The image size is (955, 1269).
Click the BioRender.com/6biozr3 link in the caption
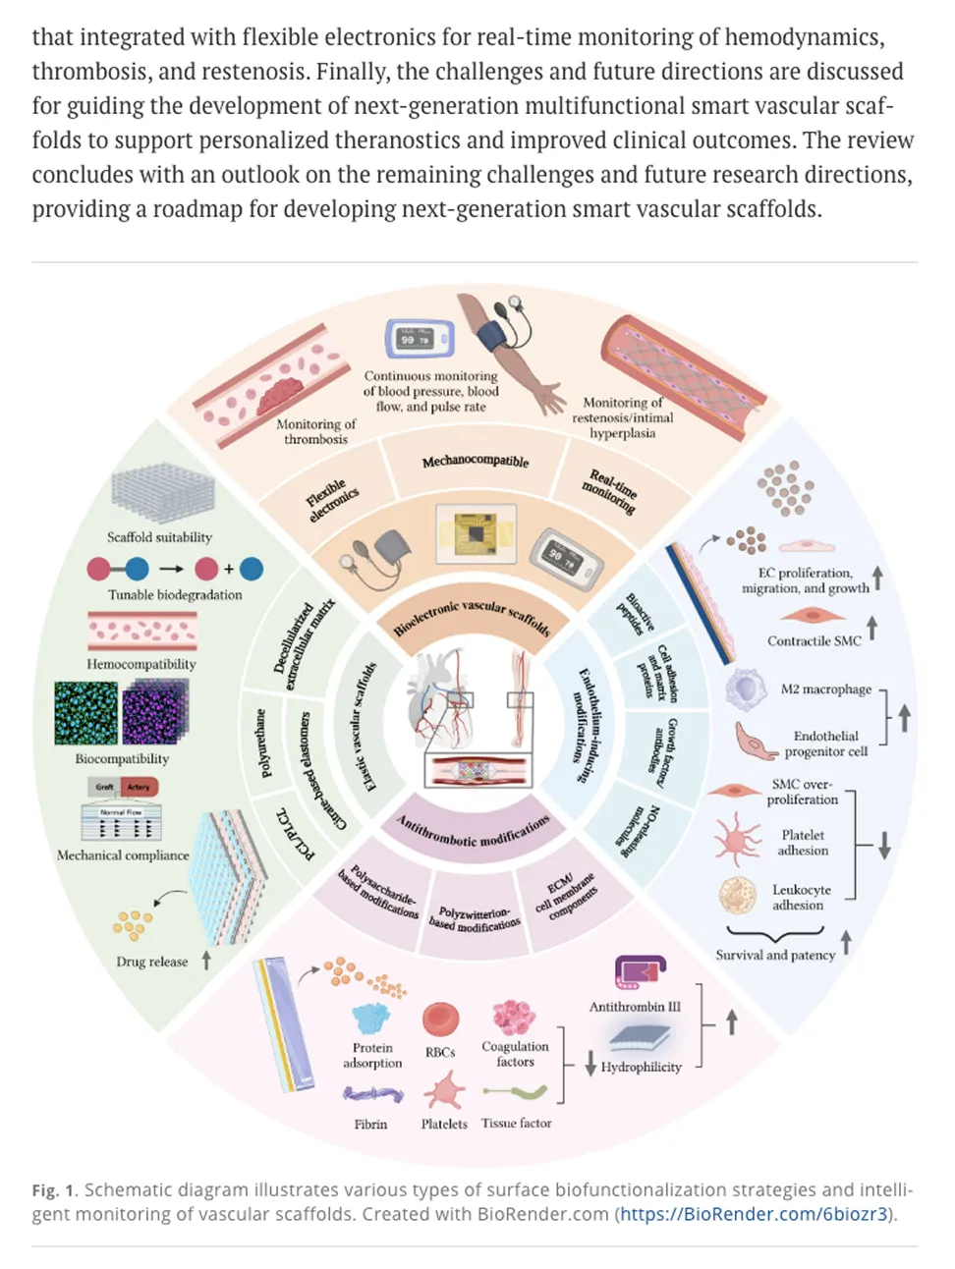pyautogui.click(x=754, y=1214)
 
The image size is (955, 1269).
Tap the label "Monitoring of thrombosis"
pyautogui.click(x=315, y=431)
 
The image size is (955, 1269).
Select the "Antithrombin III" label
pyautogui.click(x=634, y=1007)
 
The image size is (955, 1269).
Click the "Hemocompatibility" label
pyautogui.click(x=140, y=664)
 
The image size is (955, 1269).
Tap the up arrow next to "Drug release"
pyautogui.click(x=206, y=960)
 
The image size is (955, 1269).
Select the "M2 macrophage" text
pyautogui.click(x=825, y=689)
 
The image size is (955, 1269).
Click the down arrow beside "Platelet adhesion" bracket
pyautogui.click(x=884, y=844)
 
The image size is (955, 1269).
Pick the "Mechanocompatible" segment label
pyautogui.click(x=476, y=461)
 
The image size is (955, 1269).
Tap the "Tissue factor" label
pyautogui.click(x=516, y=1123)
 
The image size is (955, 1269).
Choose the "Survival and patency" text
pyautogui.click(x=775, y=955)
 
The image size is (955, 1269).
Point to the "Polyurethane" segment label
pyautogui.click(x=263, y=743)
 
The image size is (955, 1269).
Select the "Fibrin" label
pyautogui.click(x=370, y=1124)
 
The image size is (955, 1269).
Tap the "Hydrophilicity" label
pyautogui.click(x=641, y=1067)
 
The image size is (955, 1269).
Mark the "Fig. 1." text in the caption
pyautogui.click(x=55, y=1190)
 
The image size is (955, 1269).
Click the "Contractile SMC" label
pyautogui.click(x=814, y=641)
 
